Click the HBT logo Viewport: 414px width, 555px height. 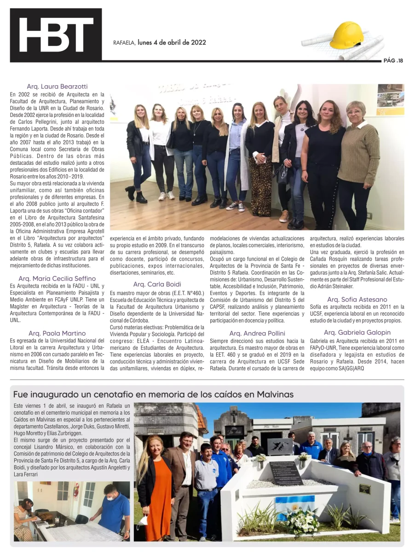[x=56, y=35]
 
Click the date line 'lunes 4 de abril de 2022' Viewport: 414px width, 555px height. [x=172, y=43]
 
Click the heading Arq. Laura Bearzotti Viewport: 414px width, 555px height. [x=57, y=87]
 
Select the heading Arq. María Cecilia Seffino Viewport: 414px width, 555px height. [x=57, y=278]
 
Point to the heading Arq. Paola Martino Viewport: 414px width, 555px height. [x=57, y=333]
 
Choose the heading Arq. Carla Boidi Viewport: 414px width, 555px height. [x=157, y=284]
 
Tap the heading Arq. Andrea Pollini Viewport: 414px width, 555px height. [x=257, y=333]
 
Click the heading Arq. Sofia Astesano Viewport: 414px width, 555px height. [x=357, y=300]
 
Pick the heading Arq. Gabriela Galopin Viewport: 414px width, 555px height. [x=357, y=332]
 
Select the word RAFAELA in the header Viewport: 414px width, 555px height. [x=124, y=43]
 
